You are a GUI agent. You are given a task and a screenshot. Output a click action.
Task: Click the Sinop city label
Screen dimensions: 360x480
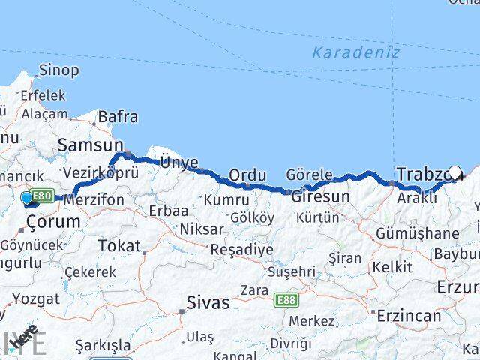point(58,70)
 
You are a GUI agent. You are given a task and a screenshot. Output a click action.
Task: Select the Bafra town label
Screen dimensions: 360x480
point(118,116)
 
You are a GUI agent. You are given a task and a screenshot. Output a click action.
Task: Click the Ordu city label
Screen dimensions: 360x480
point(247,175)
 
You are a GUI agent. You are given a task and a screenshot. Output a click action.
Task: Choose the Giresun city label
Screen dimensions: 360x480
point(320,197)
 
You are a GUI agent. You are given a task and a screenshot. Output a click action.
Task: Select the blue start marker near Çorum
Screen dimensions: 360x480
point(28,199)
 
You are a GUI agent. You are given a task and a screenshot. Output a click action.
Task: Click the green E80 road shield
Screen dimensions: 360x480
point(42,196)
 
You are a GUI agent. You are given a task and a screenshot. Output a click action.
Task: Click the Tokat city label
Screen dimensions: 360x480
point(119,245)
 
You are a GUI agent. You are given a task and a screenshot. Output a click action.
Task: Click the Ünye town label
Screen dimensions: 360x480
point(179,162)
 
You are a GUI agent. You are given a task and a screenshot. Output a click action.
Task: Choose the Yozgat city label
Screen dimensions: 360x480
point(36,298)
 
